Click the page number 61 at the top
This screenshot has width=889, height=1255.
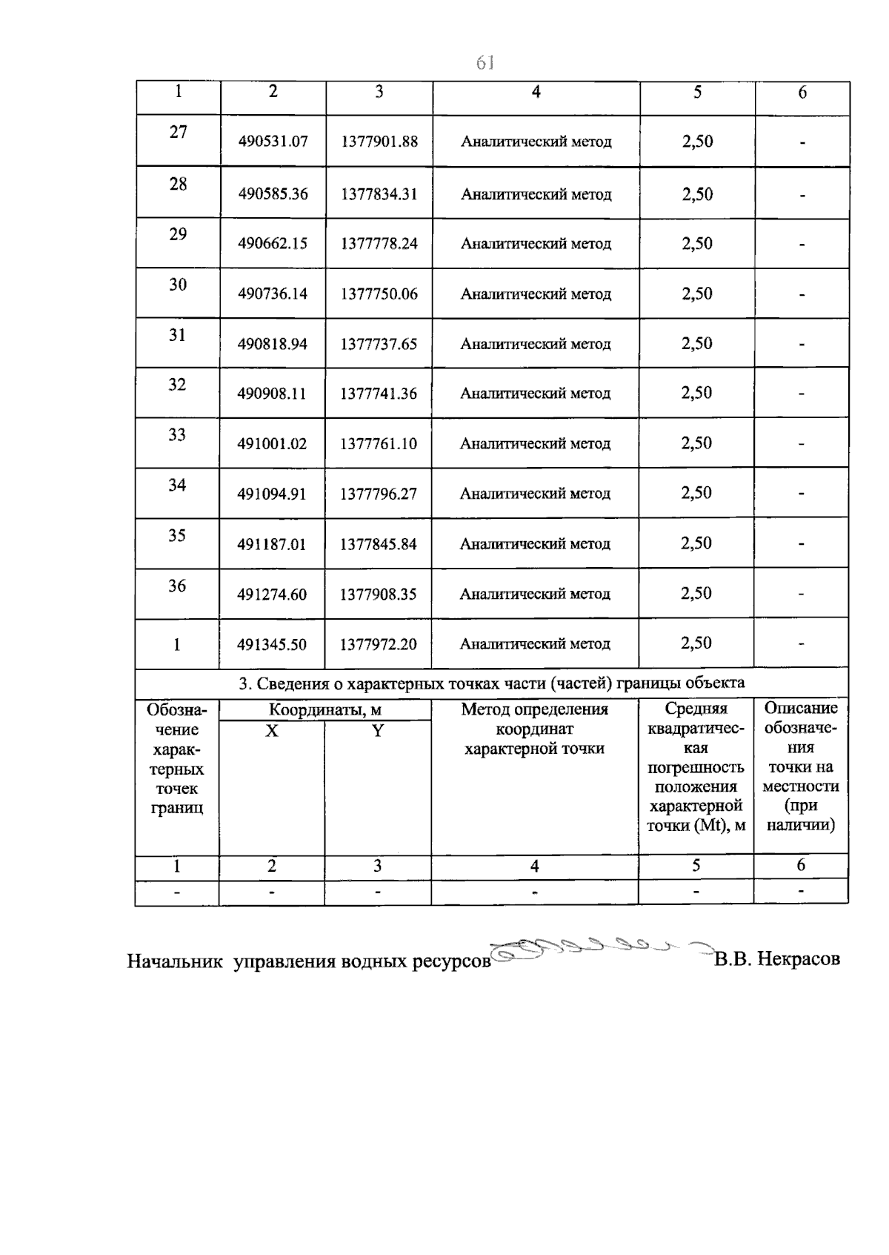485,64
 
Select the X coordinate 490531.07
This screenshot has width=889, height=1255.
273,142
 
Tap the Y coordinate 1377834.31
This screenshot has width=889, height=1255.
379,194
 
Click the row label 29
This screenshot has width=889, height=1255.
178,234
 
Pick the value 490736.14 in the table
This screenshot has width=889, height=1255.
273,294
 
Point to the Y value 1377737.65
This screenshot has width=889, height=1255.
379,345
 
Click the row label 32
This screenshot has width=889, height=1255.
177,385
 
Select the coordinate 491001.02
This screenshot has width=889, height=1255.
272,444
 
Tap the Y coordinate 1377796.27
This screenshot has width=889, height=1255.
379,494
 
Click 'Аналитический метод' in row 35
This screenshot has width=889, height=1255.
535,544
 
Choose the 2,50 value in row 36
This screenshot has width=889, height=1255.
696,594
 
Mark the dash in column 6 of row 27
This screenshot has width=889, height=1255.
802,143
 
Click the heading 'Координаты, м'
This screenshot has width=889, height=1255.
325,710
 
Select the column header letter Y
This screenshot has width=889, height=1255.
378,731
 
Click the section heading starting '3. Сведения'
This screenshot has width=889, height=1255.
491,683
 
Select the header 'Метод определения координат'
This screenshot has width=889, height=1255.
534,719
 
